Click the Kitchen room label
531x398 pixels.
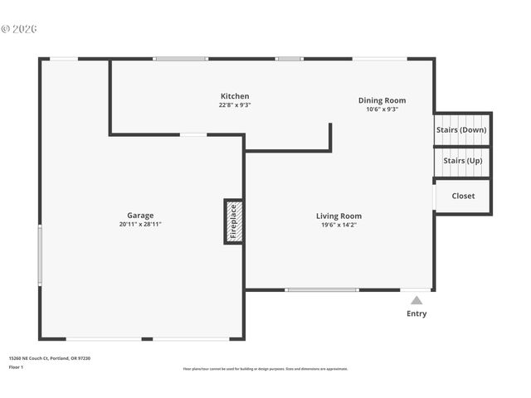[234, 96]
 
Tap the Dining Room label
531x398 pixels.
[382, 100]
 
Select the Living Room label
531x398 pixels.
[339, 216]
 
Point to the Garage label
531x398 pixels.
[139, 216]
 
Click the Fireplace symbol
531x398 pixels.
[233, 221]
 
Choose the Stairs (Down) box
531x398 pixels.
[461, 129]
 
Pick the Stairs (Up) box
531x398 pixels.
[462, 161]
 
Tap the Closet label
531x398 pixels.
[463, 197]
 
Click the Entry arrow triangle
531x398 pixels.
[417, 300]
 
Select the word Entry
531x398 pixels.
[417, 313]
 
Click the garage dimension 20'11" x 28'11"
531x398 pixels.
[139, 225]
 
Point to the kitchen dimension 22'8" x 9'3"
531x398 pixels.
[234, 105]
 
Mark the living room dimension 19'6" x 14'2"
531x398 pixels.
[339, 226]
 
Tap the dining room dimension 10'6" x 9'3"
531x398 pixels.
[382, 109]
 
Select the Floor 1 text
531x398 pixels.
[17, 366]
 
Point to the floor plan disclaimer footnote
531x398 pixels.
[265, 369]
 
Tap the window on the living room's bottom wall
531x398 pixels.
[321, 290]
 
